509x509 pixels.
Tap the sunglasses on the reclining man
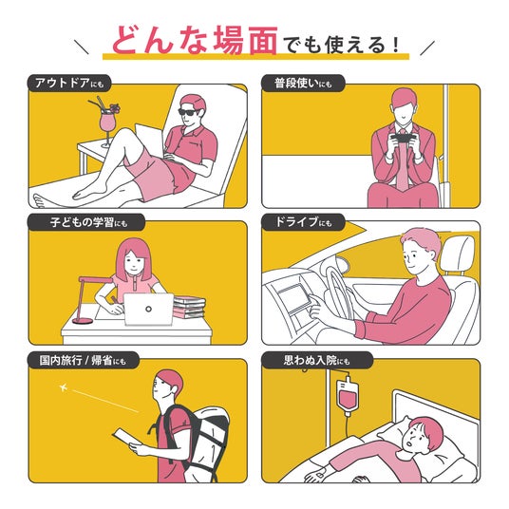(x=189, y=112)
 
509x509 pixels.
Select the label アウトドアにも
(x=69, y=84)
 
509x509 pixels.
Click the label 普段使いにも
(x=303, y=84)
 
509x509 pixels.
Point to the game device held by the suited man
(x=403, y=139)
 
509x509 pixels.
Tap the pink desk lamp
(x=87, y=299)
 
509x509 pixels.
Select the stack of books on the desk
(x=189, y=307)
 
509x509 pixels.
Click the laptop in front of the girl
(x=149, y=309)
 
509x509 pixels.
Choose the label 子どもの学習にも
(x=88, y=222)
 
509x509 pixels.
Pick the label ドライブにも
(x=304, y=222)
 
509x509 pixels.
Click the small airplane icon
(x=64, y=387)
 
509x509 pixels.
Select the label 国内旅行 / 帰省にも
(x=83, y=360)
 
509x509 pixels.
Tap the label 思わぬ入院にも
(x=316, y=360)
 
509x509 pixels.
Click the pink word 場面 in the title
(x=246, y=40)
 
